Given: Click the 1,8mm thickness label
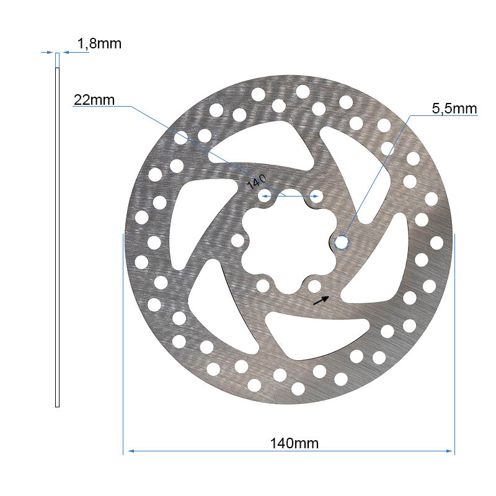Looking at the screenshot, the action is click(x=99, y=43).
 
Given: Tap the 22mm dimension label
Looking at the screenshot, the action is click(x=94, y=100).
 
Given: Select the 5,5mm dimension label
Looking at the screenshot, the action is click(x=454, y=109).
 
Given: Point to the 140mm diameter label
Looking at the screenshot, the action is click(x=294, y=443).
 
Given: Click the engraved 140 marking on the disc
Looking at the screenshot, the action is click(x=257, y=182).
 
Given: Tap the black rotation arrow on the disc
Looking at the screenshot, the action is click(x=321, y=300).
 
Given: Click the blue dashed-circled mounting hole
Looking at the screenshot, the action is click(x=342, y=242).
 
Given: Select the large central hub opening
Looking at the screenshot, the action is click(x=288, y=242).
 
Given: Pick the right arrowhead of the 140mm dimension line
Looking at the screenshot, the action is click(x=449, y=451).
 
